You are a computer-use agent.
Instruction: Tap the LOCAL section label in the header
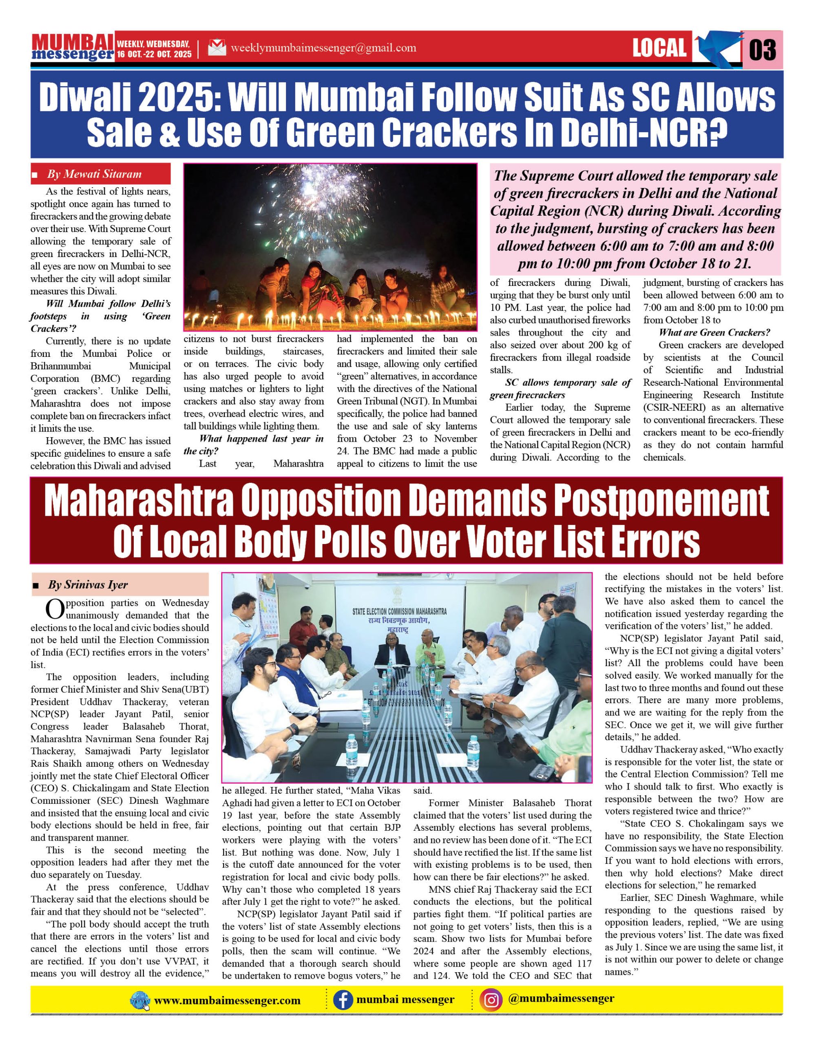pyautogui.click(x=659, y=48)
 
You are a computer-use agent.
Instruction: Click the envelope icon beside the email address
pyautogui.click(x=217, y=47)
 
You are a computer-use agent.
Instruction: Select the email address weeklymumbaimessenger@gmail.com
pyautogui.click(x=323, y=48)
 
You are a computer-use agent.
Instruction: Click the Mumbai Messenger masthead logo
pyautogui.click(x=72, y=47)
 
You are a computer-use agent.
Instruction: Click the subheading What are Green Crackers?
pyautogui.click(x=714, y=332)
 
